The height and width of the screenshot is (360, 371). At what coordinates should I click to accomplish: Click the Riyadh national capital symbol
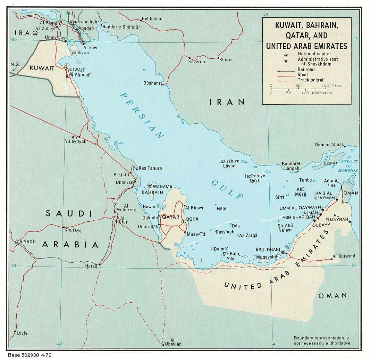click(x=17, y=242)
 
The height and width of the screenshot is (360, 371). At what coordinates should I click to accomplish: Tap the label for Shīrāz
click(x=226, y=60)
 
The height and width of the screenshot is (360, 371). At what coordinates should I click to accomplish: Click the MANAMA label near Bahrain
click(x=163, y=186)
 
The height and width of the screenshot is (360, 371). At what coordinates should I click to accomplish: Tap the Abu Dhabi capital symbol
click(x=283, y=252)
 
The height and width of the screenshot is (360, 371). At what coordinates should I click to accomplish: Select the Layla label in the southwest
click(x=22, y=333)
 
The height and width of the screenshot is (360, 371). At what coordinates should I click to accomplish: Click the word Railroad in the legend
click(x=306, y=69)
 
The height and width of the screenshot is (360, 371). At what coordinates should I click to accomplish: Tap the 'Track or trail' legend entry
click(x=311, y=80)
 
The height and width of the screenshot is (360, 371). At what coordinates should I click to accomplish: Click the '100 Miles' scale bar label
click(x=331, y=85)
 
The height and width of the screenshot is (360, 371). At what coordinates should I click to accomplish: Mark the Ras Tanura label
click(x=150, y=168)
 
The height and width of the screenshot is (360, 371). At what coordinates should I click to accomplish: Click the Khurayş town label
click(x=73, y=230)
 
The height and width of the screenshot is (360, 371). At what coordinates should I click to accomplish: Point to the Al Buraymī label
click(x=344, y=256)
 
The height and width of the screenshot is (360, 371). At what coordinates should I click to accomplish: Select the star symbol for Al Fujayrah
click(x=350, y=222)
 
